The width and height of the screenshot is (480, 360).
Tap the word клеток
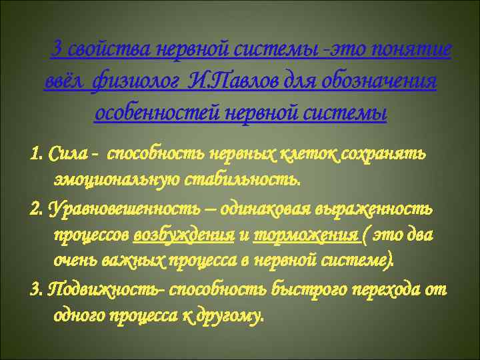[x=312, y=155]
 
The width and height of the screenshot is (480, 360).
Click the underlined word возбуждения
[x=183, y=235]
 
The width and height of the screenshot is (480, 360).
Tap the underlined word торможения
[x=285, y=235]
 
